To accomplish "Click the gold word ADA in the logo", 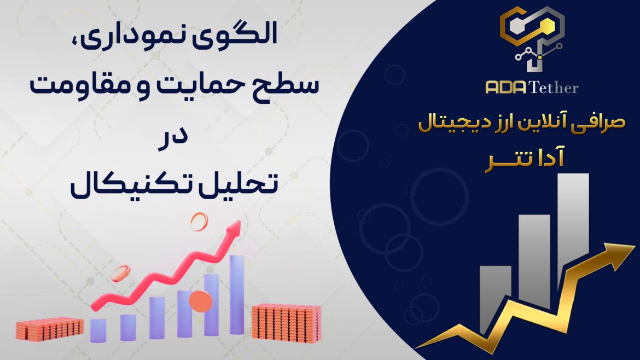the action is click(x=506, y=88).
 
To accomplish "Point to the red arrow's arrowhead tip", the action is click(x=240, y=222).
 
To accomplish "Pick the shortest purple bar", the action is click(x=98, y=330).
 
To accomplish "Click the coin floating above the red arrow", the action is click(x=199, y=222).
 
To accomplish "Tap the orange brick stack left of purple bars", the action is click(x=50, y=329).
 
